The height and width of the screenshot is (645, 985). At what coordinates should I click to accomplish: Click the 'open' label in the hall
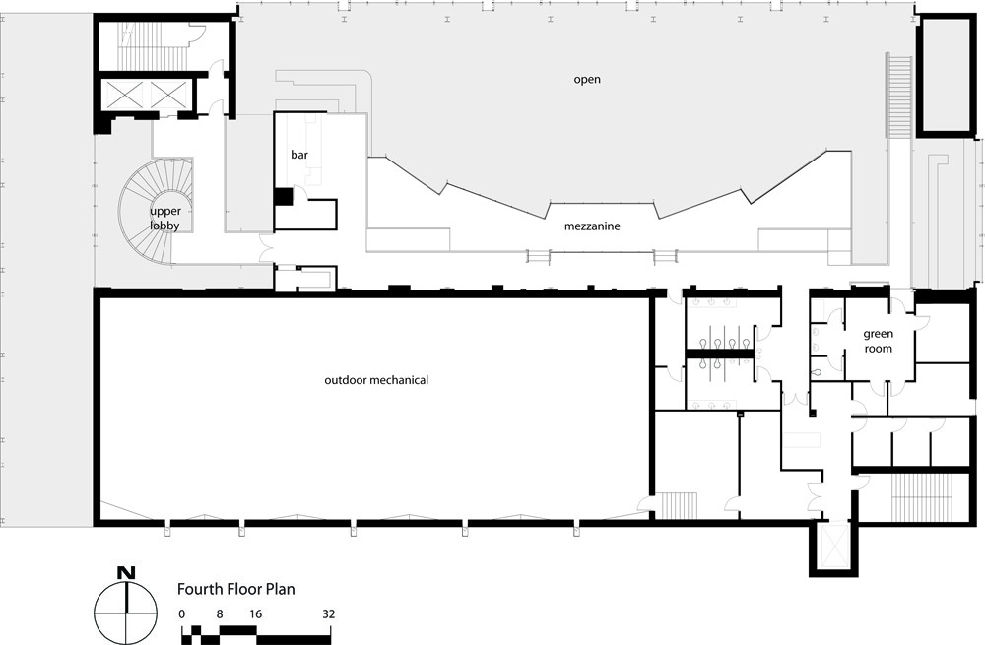pos(587,80)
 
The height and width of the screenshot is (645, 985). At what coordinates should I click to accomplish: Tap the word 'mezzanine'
pos(592,226)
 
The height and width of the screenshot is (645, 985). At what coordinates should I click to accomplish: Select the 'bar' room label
pos(299,155)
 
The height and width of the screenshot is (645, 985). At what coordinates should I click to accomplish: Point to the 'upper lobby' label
pos(165,218)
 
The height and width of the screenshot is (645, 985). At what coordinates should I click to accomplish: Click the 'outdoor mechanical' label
pos(376,380)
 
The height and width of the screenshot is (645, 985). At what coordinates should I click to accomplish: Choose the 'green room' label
pos(878,341)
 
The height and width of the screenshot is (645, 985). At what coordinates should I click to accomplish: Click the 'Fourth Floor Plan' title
pos(235,589)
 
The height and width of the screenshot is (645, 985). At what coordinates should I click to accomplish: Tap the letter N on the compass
pos(126,573)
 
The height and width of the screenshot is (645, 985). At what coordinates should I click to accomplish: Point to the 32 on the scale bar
pos(329,614)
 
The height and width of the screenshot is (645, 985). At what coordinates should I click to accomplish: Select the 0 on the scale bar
pos(181,614)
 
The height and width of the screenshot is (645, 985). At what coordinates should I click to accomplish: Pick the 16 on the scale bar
pos(255,614)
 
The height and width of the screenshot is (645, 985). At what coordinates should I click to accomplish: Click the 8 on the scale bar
pos(220,614)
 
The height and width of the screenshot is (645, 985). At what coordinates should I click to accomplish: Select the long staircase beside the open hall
pos(899,97)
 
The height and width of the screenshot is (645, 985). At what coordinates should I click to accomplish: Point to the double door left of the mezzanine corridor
pos(265,248)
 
